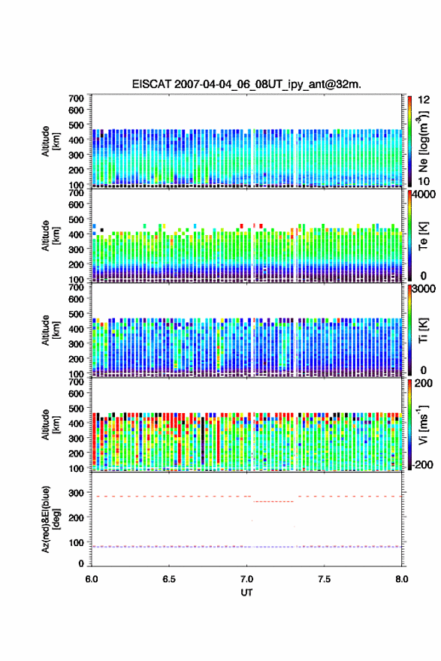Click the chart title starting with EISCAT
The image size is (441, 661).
pyautogui.click(x=246, y=84)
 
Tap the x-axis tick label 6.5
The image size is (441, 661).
pyautogui.click(x=169, y=579)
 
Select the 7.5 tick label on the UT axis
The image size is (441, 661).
pyautogui.click(x=325, y=579)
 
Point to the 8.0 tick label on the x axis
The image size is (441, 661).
pyautogui.click(x=402, y=579)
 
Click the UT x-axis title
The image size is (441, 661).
pyautogui.click(x=246, y=593)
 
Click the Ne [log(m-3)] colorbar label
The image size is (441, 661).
pyautogui.click(x=423, y=142)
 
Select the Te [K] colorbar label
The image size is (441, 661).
pyautogui.click(x=423, y=236)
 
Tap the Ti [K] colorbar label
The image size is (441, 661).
pyautogui.click(x=423, y=330)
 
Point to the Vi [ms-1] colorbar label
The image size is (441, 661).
pyautogui.click(x=423, y=425)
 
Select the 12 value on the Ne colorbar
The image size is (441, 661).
pyautogui.click(x=424, y=100)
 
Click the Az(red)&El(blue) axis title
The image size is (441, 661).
pyautogui.click(x=50, y=519)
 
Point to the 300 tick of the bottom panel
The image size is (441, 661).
pyautogui.click(x=77, y=493)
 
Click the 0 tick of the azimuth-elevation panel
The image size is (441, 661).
pyautogui.click(x=81, y=563)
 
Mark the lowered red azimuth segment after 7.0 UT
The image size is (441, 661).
pyautogui.click(x=273, y=501)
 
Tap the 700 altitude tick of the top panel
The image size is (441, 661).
pyautogui.click(x=77, y=98)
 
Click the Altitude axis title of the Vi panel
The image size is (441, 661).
pyautogui.click(x=50, y=424)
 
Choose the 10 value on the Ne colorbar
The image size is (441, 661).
pyautogui.click(x=424, y=181)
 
